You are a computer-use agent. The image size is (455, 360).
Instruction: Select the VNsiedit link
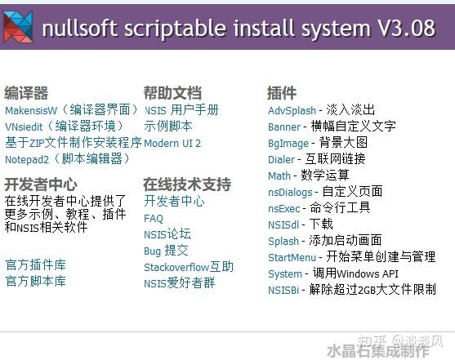click(x=23, y=127)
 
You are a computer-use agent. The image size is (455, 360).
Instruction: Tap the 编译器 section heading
click(x=26, y=92)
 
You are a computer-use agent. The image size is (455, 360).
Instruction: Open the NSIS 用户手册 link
click(x=181, y=110)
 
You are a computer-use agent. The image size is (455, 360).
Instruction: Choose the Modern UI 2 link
click(x=172, y=143)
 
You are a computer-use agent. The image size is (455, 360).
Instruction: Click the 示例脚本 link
click(x=168, y=127)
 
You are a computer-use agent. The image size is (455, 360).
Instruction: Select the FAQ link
click(x=154, y=218)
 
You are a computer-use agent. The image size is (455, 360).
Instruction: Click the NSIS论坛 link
click(x=167, y=234)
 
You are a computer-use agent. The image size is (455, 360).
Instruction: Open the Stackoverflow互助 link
click(x=188, y=267)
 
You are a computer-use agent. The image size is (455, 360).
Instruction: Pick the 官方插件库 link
click(x=35, y=264)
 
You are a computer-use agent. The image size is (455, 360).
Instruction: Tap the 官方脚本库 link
click(x=35, y=281)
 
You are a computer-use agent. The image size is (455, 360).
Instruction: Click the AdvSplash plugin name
click(x=292, y=110)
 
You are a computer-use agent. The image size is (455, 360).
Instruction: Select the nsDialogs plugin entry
click(x=291, y=191)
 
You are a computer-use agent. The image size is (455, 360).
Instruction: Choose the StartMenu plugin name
click(x=292, y=257)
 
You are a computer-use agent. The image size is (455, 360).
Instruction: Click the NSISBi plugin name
click(x=285, y=289)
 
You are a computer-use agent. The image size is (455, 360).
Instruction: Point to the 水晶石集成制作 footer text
click(x=377, y=350)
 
